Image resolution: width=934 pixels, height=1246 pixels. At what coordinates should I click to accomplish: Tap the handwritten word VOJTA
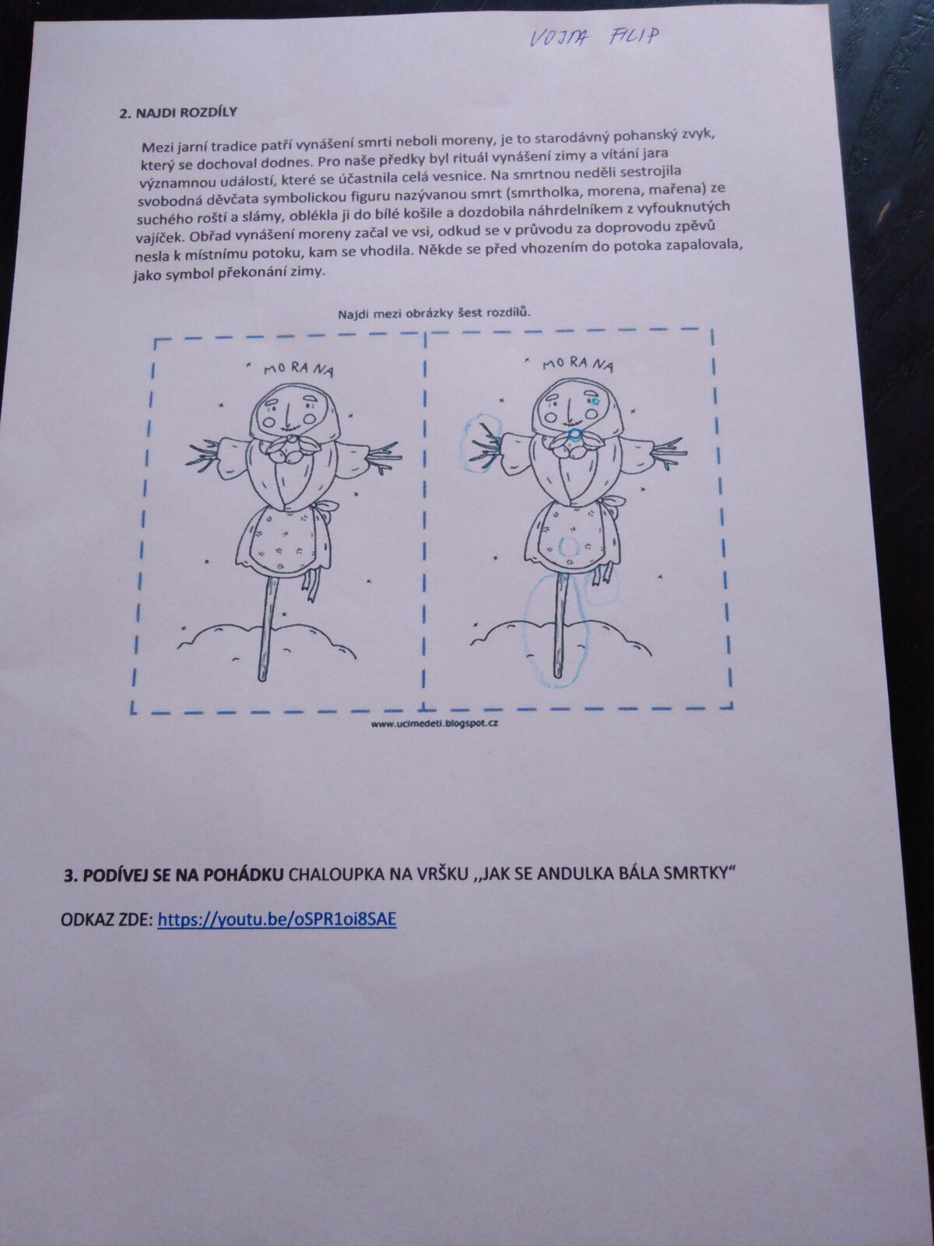559,39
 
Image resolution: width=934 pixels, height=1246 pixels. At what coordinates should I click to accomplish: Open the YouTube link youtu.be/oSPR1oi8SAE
277,919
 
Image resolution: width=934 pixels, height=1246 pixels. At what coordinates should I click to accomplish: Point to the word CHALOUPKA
335,875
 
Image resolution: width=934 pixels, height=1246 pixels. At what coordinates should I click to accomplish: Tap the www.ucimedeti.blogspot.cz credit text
435,723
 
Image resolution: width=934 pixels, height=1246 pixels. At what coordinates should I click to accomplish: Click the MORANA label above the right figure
578,364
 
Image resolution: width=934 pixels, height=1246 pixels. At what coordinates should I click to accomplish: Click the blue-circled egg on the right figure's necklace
574,435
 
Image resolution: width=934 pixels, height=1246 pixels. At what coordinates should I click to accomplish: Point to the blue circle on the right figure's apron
569,546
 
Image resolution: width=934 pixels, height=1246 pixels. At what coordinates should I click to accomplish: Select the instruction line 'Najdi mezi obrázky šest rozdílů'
434,313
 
